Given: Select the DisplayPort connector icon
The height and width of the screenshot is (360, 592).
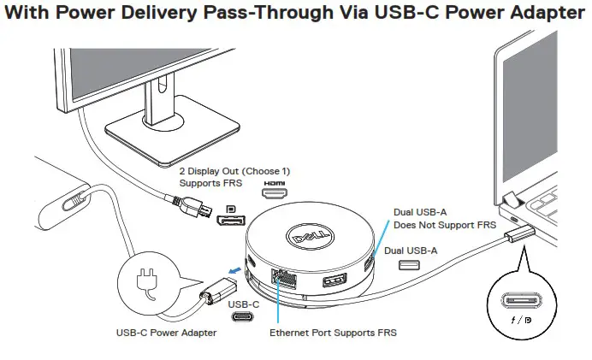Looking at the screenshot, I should click(230, 221).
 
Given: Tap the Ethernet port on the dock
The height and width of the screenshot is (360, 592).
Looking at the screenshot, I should click(281, 278).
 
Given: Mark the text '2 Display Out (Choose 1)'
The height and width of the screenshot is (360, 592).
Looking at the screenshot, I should click(234, 170).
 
